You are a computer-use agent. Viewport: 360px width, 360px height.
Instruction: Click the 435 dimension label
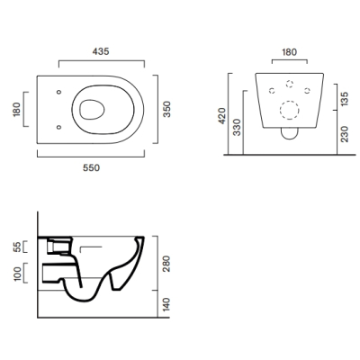[x=101, y=51]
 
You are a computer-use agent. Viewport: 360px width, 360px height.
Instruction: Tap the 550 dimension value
[x=91, y=167]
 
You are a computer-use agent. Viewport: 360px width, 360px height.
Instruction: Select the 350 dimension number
[x=167, y=109]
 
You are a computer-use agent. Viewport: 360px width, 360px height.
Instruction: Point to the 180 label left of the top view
[x=17, y=110]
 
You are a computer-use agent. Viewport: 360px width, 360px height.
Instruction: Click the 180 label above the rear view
[x=289, y=52]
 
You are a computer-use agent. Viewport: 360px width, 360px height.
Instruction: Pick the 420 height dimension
[x=222, y=116]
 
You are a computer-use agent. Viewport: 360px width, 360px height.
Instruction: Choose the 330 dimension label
[x=237, y=127]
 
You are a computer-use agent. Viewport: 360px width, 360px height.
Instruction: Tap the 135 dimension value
[x=345, y=99]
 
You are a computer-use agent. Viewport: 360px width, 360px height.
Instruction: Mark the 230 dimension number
[x=345, y=134]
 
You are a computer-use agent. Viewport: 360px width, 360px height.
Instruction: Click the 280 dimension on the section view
[x=166, y=264]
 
